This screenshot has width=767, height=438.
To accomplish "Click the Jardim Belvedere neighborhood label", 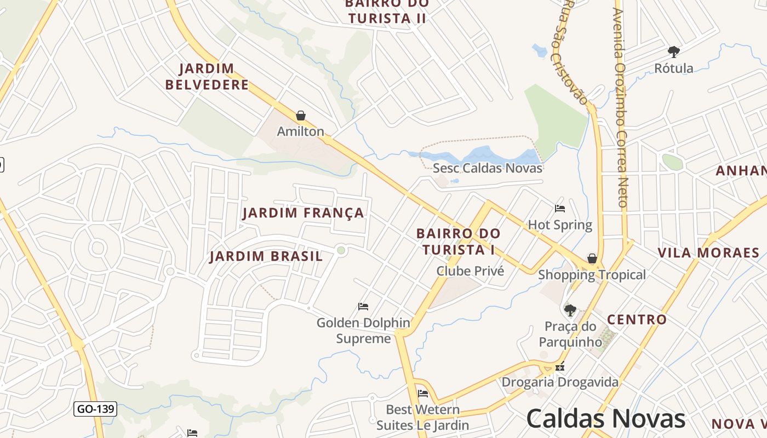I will (207, 77).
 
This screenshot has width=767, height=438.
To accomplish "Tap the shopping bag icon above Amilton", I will (300, 116).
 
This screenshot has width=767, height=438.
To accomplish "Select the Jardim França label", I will (303, 213).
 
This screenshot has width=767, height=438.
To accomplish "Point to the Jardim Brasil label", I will (266, 257).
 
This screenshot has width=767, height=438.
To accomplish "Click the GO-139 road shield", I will (95, 409).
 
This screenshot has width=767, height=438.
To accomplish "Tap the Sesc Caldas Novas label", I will (488, 168).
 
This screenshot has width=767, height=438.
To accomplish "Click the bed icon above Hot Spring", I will (560, 209).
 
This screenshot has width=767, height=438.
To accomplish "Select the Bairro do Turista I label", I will (459, 241).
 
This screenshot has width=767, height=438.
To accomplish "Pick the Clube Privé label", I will (470, 271).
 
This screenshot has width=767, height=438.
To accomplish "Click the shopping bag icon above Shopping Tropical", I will (592, 258).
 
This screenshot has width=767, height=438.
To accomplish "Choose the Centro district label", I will (637, 320).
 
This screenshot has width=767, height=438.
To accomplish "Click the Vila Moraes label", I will (708, 253).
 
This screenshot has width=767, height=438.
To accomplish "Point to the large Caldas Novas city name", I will (606, 419).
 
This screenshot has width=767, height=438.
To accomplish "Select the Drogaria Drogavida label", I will (560, 382).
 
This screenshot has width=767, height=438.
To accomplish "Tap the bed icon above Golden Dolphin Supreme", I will (363, 307).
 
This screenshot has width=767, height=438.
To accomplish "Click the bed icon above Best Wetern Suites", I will (422, 394).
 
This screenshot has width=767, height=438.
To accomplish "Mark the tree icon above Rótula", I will (674, 52).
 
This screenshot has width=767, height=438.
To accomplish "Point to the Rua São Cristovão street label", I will (575, 52).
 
